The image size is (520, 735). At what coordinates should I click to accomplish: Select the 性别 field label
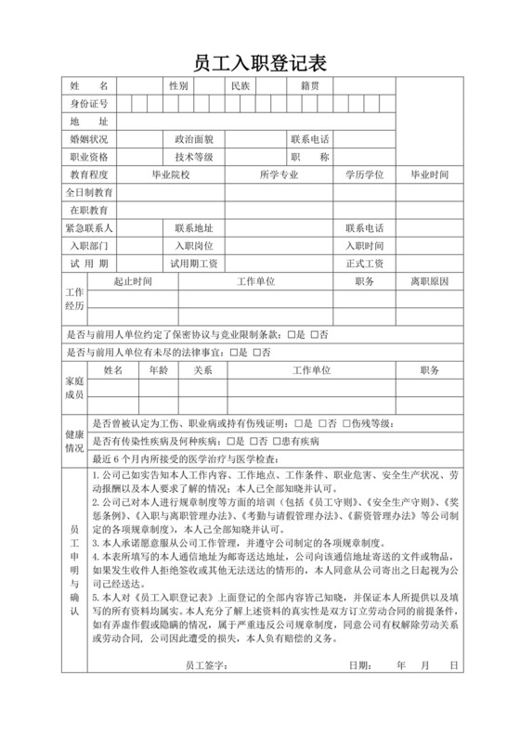click(178, 85)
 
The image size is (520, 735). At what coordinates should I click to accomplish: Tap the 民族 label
click(240, 85)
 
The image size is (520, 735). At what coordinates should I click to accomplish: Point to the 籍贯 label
click(310, 85)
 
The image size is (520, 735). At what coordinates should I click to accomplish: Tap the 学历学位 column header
click(364, 174)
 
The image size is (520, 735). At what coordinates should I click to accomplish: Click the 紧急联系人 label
click(89, 228)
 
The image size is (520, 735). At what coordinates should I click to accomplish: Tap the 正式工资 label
click(364, 264)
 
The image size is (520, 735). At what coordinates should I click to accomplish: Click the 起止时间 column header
click(133, 280)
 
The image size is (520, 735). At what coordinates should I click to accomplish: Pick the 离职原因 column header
click(429, 280)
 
